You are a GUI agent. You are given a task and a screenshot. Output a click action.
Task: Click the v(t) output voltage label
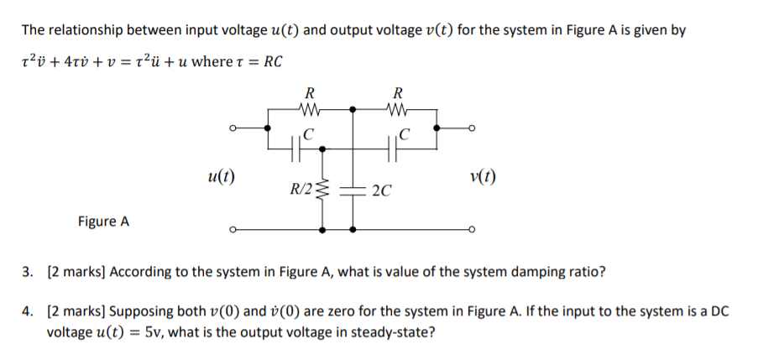pos(483,177)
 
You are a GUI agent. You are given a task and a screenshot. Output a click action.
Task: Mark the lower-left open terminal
pos(231,228)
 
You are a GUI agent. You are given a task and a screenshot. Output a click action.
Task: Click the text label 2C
pos(380,191)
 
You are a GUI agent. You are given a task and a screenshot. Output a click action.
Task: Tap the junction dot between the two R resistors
pos(353,108)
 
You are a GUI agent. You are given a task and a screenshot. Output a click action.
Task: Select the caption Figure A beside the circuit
pos(103,222)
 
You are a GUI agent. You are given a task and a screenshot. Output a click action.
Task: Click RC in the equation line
pos(273,62)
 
